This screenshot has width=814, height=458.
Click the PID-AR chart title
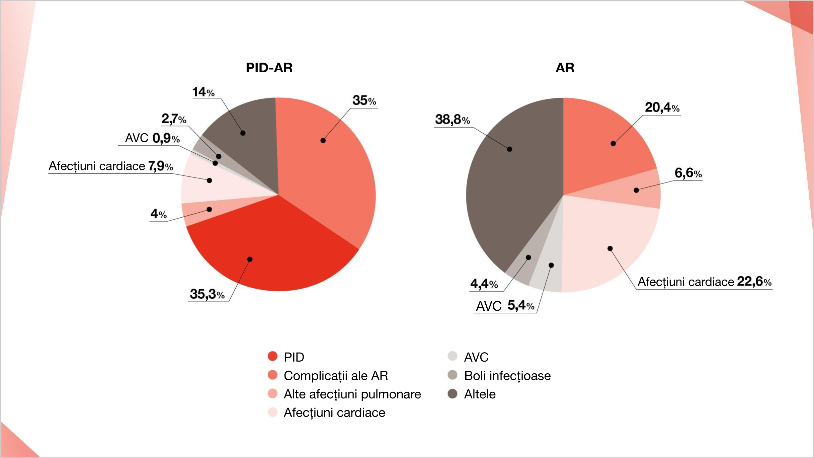[269, 68]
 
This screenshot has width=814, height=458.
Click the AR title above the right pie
[565, 68]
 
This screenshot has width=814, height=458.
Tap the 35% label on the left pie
[364, 100]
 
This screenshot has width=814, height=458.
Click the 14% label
[203, 92]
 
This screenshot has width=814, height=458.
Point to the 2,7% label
[174, 119]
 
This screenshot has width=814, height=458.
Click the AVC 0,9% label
[152, 138]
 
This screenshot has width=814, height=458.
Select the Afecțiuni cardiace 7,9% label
[111, 166]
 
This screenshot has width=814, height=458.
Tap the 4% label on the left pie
[158, 214]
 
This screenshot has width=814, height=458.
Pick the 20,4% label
[662, 107]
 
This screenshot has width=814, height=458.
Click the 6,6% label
[688, 173]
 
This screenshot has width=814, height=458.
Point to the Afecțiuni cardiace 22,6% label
[704, 282]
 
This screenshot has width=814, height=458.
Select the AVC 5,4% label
[505, 306]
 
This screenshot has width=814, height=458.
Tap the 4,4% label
[484, 284]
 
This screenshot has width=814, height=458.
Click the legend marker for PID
[273, 356]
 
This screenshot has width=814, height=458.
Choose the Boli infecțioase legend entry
[507, 376]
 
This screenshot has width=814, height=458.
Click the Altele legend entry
[479, 394]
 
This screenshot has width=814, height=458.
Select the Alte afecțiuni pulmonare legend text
[352, 394]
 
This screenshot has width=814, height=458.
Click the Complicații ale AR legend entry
[336, 376]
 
